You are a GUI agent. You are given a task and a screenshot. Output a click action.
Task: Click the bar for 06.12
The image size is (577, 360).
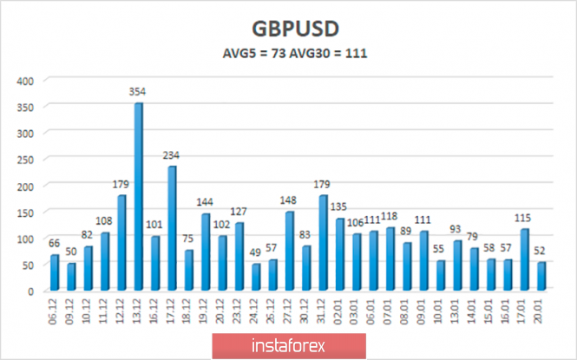[56, 273]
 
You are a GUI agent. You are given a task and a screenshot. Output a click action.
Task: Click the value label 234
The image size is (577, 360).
[172, 156]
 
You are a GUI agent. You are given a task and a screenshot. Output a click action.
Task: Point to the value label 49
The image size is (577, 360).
[257, 254]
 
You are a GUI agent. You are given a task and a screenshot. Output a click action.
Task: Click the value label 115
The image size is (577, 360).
[525, 219]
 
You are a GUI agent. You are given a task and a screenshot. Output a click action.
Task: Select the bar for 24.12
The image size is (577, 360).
[256, 278]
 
